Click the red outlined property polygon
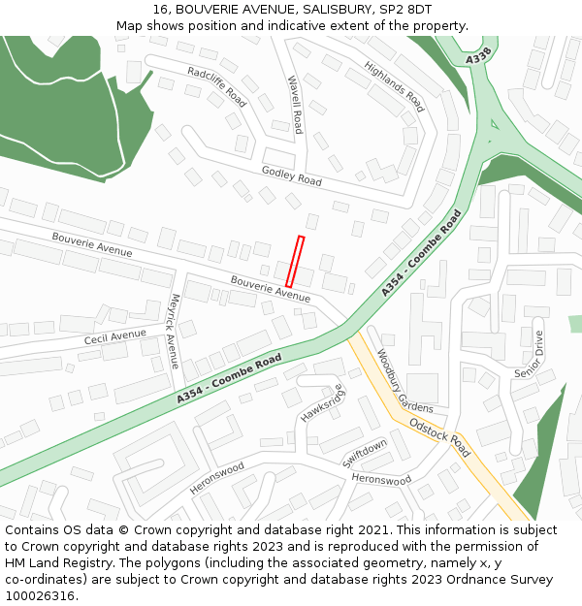[295, 262]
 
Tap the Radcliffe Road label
[217, 85]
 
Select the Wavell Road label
[294, 105]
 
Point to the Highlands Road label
[395, 87]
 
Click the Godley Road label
[291, 176]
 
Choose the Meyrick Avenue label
[175, 331]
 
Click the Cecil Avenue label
[114, 337]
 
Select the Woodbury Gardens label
[404, 381]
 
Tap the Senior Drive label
[531, 354]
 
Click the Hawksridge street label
[322, 403]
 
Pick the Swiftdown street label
[365, 454]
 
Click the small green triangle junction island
[495, 124]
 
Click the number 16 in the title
[159, 10]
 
